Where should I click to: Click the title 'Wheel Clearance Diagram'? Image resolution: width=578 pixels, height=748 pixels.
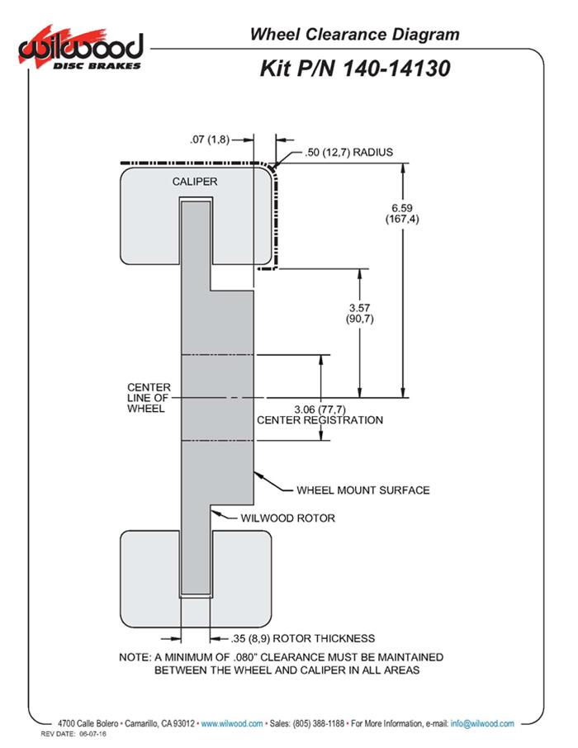pyautogui.click(x=354, y=35)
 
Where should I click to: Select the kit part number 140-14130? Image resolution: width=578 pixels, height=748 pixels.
pyautogui.click(x=354, y=69)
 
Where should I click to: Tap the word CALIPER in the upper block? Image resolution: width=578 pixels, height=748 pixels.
pyautogui.click(x=195, y=181)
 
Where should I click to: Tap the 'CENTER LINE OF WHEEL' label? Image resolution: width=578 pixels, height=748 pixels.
pyautogui.click(x=149, y=398)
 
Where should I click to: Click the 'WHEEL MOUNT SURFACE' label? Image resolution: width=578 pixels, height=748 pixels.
pyautogui.click(x=362, y=490)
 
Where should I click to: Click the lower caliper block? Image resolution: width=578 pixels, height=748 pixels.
pyautogui.click(x=149, y=578)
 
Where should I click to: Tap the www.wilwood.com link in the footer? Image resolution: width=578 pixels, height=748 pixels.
pyautogui.click(x=232, y=723)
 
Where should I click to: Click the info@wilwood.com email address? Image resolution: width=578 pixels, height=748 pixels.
pyautogui.click(x=482, y=723)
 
